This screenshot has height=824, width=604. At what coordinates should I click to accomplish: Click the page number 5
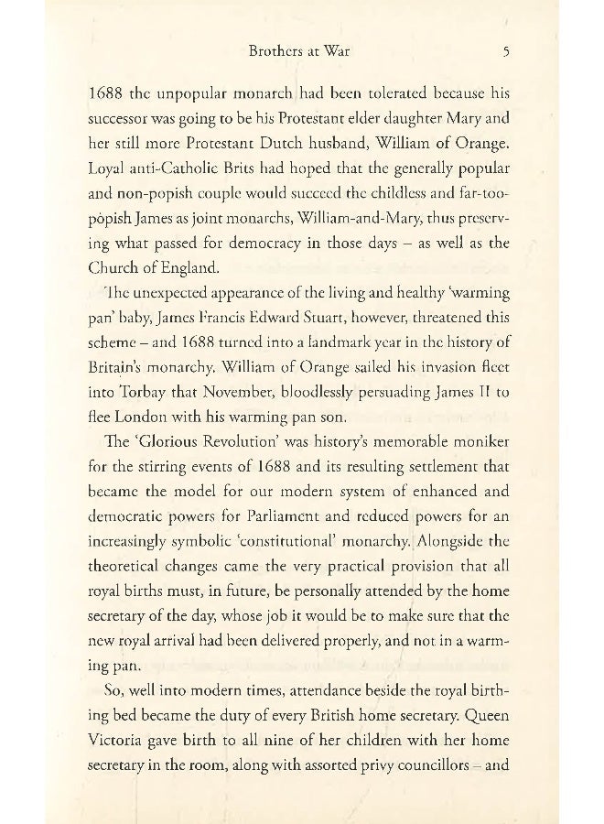point(505,52)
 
